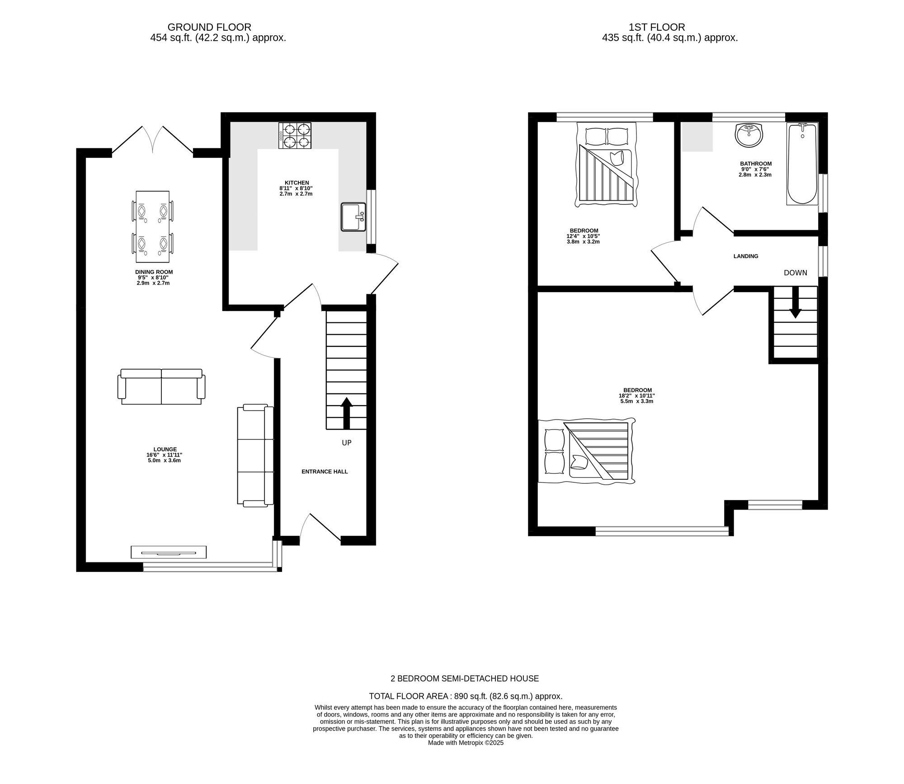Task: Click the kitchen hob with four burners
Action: tap(296, 136)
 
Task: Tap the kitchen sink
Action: tap(353, 217)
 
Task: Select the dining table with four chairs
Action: tap(153, 227)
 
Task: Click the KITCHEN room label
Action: tap(297, 183)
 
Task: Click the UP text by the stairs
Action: tap(347, 443)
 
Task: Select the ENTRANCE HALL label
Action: tap(325, 472)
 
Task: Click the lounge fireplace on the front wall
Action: tap(169, 552)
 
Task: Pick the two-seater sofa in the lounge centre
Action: tap(161, 387)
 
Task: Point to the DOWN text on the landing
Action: tap(796, 273)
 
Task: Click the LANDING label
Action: tap(746, 256)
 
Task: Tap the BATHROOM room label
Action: tap(756, 164)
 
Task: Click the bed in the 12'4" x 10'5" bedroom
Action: tap(607, 165)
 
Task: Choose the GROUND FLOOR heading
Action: tap(209, 27)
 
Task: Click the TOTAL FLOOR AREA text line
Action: tap(466, 696)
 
